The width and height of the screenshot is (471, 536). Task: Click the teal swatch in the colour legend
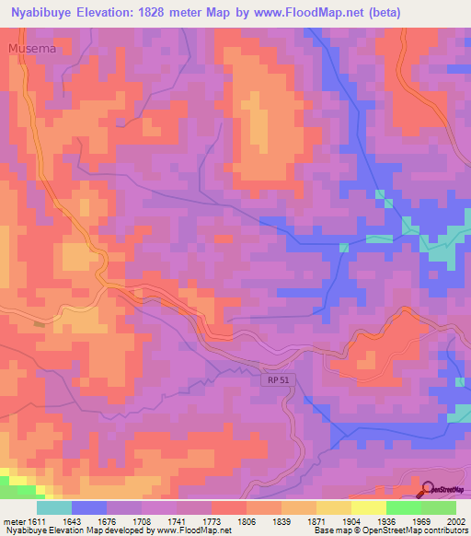pyautogui.click(x=54, y=507)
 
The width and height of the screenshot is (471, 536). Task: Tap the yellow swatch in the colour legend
pyautogui.click(x=368, y=507)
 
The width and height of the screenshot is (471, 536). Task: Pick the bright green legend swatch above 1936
pyautogui.click(x=403, y=507)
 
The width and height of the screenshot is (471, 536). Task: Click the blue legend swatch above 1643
pyautogui.click(x=89, y=507)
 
